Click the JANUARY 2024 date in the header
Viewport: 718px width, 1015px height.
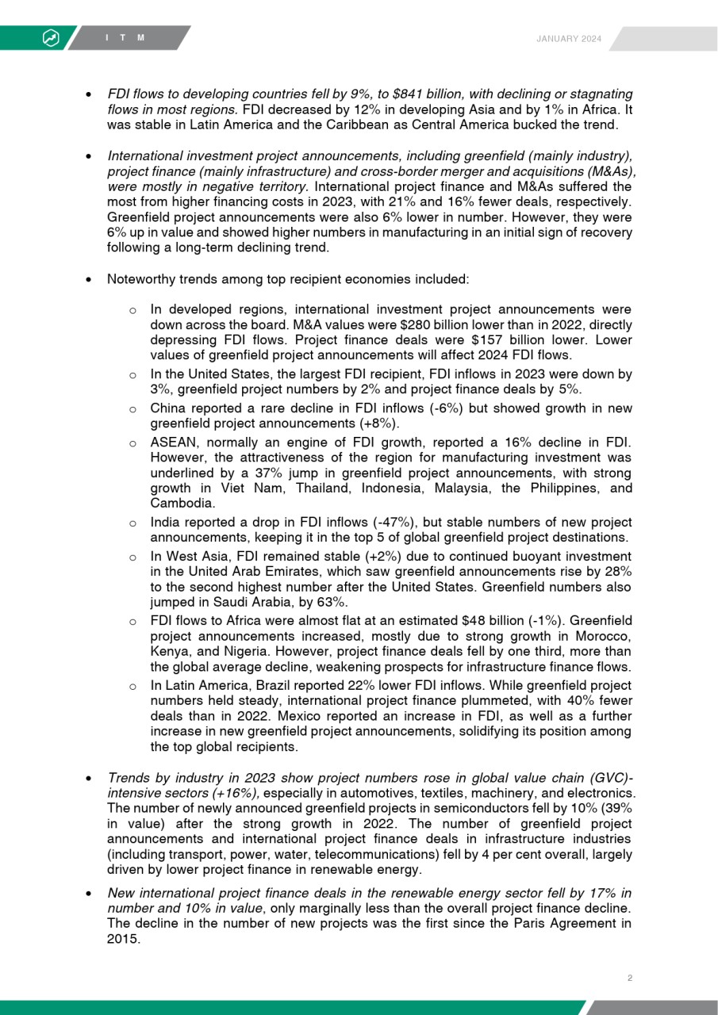tap(569, 39)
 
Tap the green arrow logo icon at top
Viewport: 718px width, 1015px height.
tap(50, 38)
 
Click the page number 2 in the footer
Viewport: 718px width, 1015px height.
tap(629, 978)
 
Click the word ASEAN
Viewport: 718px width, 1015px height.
tap(171, 442)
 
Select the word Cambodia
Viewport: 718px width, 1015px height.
tap(182, 503)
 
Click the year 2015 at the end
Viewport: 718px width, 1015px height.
tap(123, 940)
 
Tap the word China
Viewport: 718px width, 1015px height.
tap(167, 408)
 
